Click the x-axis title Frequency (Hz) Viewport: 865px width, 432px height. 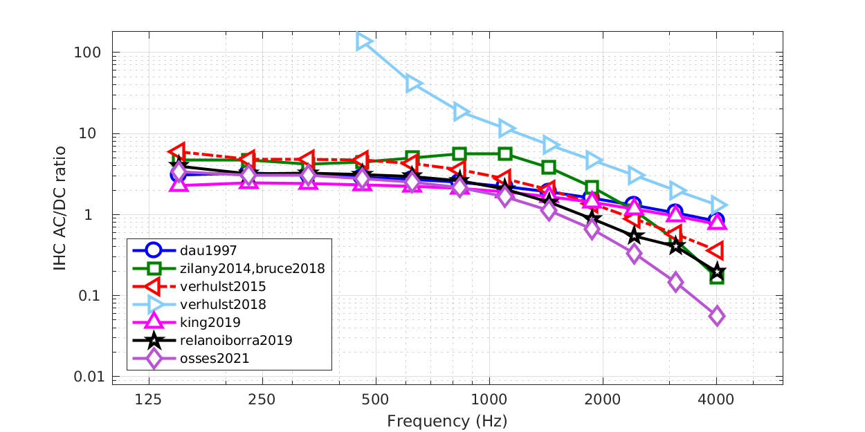pyautogui.click(x=447, y=420)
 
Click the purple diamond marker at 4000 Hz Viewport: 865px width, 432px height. pyautogui.click(x=716, y=316)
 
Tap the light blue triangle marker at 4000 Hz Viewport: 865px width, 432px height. pyautogui.click(x=718, y=205)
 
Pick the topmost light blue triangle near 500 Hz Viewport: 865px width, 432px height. pyautogui.click(x=364, y=41)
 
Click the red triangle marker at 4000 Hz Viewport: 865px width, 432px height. pyautogui.click(x=716, y=250)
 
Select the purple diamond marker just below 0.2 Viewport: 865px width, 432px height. pyautogui.click(x=675, y=282)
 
